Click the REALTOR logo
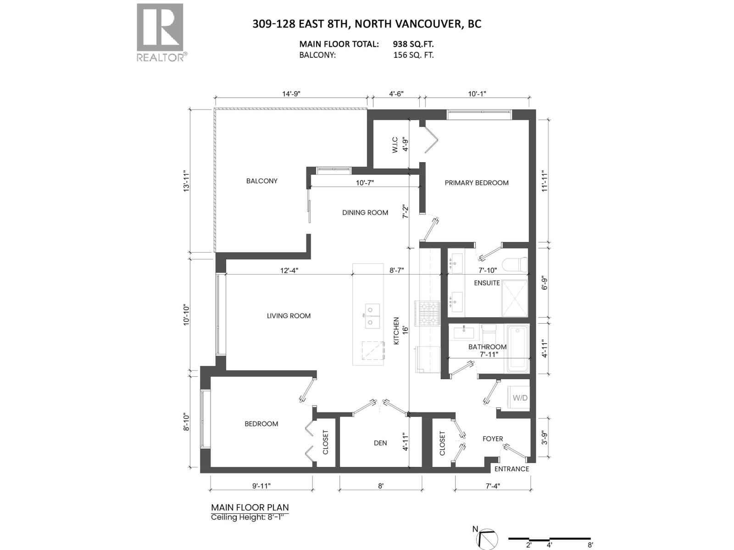click(x=160, y=32)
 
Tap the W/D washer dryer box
click(x=520, y=398)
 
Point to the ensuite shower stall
click(x=514, y=298)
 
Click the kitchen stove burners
click(x=427, y=312)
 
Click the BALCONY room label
click(x=261, y=181)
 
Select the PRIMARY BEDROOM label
click(x=476, y=183)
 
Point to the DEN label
click(x=380, y=443)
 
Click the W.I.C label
click(x=395, y=145)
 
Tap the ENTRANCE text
click(x=512, y=469)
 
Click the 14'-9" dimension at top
click(x=291, y=94)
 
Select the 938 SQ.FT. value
click(x=413, y=44)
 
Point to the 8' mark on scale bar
click(x=590, y=545)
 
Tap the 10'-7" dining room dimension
click(x=365, y=183)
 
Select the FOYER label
click(x=493, y=439)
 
